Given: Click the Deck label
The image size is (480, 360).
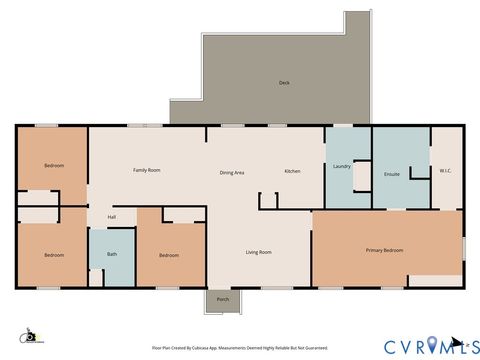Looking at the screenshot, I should click(x=284, y=83).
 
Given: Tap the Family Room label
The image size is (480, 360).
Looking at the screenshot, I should click(x=147, y=170).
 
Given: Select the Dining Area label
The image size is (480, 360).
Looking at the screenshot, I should click(x=232, y=173).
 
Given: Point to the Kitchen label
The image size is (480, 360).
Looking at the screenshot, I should click(x=292, y=171).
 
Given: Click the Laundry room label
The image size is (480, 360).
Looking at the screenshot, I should click(x=341, y=166).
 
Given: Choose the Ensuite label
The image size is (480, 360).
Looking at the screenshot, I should click(x=392, y=173).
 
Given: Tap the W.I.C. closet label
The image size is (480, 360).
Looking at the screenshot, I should click(x=446, y=170).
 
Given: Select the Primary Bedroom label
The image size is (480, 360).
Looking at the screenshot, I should click(x=384, y=250).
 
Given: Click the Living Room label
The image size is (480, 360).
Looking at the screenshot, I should click(x=259, y=252).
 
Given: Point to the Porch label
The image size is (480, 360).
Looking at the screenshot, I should click(x=222, y=299).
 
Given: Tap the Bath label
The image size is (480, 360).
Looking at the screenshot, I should click(x=112, y=255).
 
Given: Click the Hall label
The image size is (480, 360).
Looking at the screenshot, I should click(x=112, y=217).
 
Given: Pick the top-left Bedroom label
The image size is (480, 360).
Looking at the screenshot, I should click(x=53, y=165).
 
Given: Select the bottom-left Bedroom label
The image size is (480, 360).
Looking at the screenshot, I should click(x=53, y=255).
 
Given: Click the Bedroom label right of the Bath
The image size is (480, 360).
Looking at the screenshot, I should click(x=170, y=255).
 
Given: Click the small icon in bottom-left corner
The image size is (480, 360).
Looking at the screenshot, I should click(x=30, y=337).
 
